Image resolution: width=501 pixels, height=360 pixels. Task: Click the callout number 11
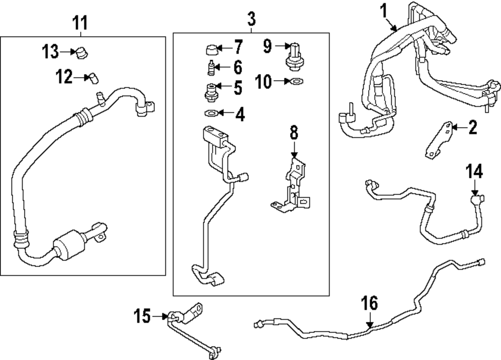80,23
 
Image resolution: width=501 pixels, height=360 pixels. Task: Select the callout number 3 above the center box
251,20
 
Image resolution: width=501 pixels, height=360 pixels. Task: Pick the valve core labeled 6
212,66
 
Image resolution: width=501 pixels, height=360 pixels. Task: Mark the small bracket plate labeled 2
438,140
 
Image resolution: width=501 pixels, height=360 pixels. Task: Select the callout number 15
143,316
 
